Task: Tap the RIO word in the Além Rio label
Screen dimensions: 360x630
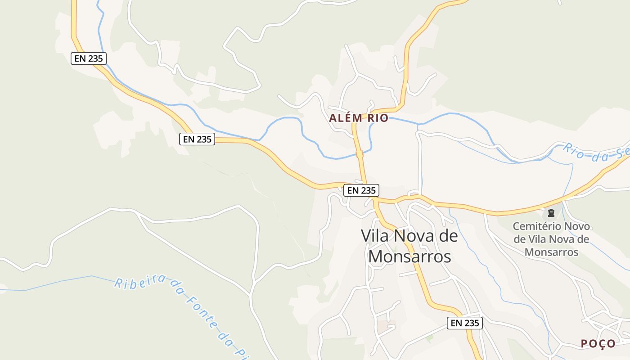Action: tap(378, 118)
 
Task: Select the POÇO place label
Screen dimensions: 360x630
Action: tap(598, 343)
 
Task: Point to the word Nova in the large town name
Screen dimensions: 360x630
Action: tap(414, 235)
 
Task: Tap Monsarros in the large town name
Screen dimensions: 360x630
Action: tap(409, 256)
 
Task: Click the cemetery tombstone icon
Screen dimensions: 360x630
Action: tap(551, 212)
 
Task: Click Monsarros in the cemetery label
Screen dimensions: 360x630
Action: tap(551, 252)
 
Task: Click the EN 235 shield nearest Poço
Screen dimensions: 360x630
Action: tap(465, 323)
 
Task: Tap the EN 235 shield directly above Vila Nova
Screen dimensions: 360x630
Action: tap(361, 190)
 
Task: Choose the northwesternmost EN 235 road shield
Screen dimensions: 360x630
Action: tap(89, 58)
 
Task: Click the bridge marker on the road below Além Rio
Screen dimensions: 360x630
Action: tap(360, 154)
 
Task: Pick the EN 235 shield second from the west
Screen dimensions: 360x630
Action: tap(197, 139)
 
